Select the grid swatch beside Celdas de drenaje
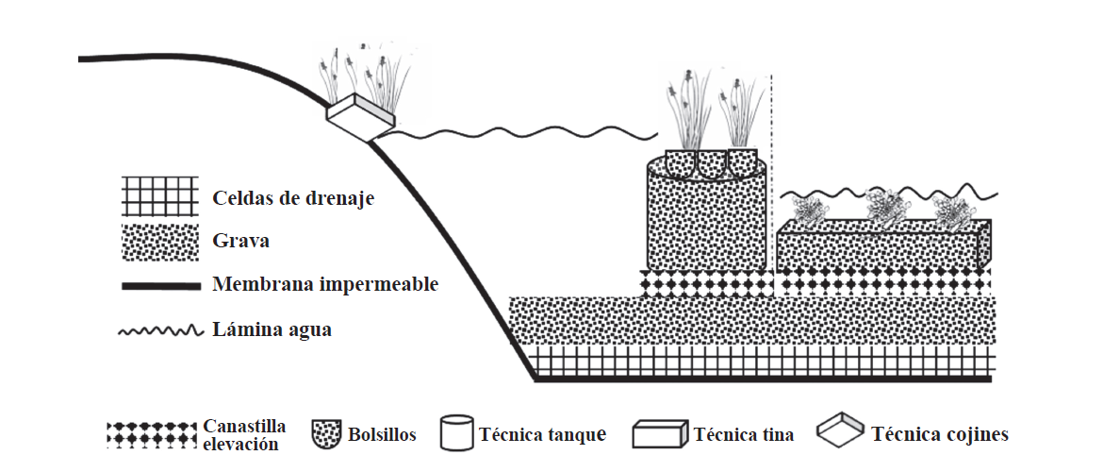pyautogui.click(x=159, y=197)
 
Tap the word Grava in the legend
pyautogui.click(x=241, y=241)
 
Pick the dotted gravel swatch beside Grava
pyautogui.click(x=159, y=242)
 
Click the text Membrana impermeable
pyautogui.click(x=325, y=284)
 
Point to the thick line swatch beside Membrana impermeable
pyautogui.click(x=159, y=285)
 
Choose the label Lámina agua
pyautogui.click(x=272, y=330)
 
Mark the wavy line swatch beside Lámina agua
pyautogui.click(x=159, y=330)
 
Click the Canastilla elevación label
pyautogui.click(x=243, y=435)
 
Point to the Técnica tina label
pyautogui.click(x=743, y=435)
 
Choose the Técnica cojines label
pyautogui.click(x=940, y=435)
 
